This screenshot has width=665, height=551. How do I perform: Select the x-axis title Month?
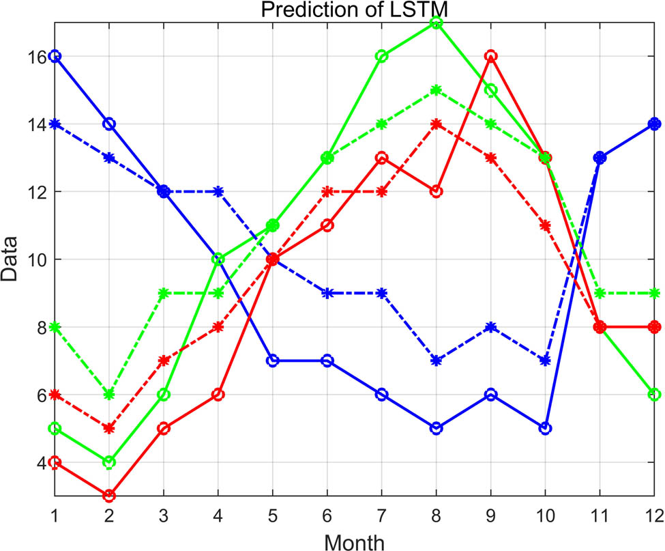[354, 541]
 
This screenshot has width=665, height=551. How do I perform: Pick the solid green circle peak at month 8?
[436, 23]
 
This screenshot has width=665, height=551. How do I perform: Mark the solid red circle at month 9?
[490, 56]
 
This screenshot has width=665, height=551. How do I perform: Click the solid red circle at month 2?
[109, 496]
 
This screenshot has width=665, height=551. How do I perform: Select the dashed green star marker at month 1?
[55, 327]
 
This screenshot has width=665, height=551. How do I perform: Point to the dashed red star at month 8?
[436, 124]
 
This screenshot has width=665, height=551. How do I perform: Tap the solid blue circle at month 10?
[545, 428]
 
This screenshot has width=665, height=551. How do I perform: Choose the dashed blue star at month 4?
[218, 191]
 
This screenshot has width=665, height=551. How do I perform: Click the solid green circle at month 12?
[654, 395]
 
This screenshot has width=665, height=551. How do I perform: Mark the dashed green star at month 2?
[109, 395]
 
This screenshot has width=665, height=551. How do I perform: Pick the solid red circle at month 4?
[218, 395]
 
